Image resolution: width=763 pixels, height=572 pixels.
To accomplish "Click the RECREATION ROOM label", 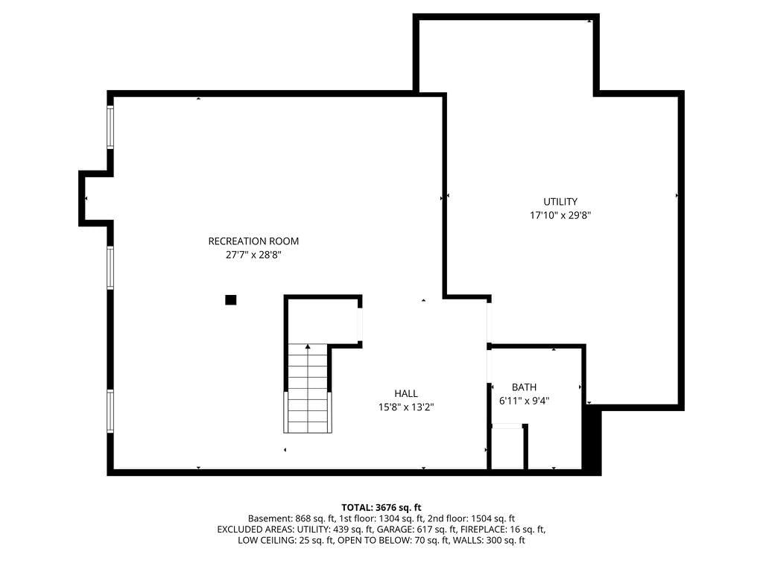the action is tap(253, 241).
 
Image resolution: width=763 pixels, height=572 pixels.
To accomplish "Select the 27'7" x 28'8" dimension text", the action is tap(253, 255).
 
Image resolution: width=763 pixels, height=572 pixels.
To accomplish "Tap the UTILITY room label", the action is tap(560, 202).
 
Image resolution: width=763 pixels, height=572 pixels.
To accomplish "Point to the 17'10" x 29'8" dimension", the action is tap(560, 215).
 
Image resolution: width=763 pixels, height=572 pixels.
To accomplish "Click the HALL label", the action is tap(406, 393).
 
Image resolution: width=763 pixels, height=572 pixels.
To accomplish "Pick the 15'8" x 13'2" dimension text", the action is tap(406, 407).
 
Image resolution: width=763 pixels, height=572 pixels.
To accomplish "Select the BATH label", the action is tap(524, 387).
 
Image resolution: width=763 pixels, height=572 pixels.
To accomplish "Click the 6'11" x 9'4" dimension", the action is tap(524, 401).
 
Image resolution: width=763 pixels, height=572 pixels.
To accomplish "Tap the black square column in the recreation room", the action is tap(231, 300).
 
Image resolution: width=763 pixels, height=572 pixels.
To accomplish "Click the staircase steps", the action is tap(308, 388).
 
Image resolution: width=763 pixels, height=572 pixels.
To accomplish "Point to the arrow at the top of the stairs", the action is tap(308, 347).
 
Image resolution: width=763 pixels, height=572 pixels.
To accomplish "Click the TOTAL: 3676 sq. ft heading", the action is tap(381, 508).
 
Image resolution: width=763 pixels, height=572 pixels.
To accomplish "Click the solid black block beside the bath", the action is tap(592, 440).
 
